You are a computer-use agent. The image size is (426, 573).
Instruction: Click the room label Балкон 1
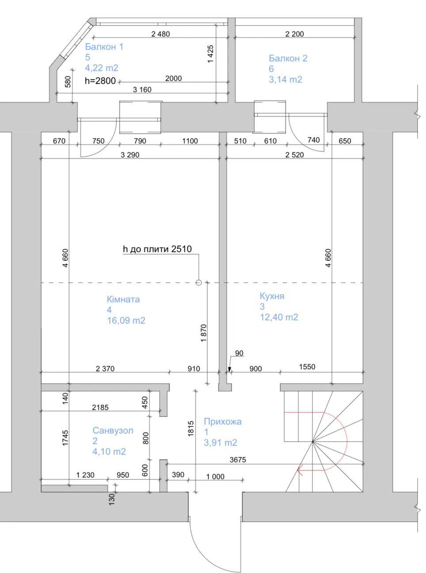tap(104, 47)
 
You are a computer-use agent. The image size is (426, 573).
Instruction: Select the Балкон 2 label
tap(288, 58)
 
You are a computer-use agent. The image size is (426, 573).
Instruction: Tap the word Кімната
tap(123, 300)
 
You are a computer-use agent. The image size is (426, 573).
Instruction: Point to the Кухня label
tap(272, 296)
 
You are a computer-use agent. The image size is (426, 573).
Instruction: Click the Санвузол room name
tap(113, 431)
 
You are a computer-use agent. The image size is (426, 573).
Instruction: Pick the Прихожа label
tap(223, 422)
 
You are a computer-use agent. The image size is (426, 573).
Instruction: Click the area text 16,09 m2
tap(126, 321)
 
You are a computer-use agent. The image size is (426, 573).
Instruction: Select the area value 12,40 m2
tap(279, 317)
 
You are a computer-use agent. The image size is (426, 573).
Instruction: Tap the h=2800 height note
tap(100, 81)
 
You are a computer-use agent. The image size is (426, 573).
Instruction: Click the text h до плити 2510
tap(157, 249)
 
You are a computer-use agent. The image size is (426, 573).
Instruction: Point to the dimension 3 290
tap(130, 155)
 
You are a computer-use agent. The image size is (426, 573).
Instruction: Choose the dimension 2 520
tap(294, 155)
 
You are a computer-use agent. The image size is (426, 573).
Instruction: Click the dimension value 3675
tap(238, 460)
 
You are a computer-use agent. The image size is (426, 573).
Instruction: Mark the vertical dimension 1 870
tap(204, 333)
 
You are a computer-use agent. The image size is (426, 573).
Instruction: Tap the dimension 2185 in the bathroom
tap(100, 408)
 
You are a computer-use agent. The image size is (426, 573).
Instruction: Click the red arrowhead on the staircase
tap(300, 470)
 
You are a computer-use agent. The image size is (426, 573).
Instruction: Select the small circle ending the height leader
tap(198, 283)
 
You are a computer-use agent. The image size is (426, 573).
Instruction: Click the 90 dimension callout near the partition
tap(240, 353)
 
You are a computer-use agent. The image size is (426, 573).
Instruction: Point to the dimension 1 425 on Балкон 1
tap(210, 54)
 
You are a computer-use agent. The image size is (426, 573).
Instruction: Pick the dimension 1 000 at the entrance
tap(215, 477)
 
